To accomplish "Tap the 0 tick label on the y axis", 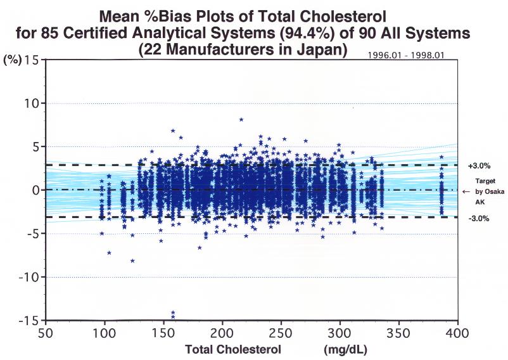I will coord(36,190).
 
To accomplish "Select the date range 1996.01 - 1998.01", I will coord(405,55).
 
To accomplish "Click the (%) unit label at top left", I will coord(13,60).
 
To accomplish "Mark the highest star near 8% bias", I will coord(241,119).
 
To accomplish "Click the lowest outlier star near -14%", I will coord(173,316).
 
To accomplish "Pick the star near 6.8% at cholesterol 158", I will coord(173,131).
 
